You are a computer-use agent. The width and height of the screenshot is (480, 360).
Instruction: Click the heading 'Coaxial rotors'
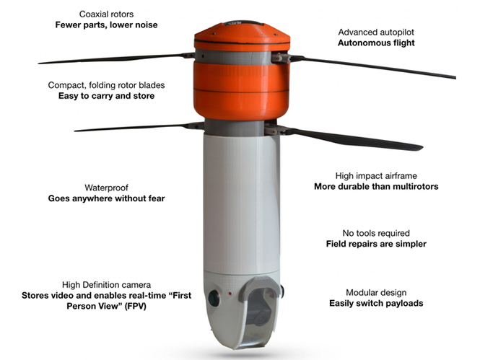coord(106,14)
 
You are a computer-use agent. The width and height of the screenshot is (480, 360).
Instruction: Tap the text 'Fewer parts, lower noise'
coord(106,25)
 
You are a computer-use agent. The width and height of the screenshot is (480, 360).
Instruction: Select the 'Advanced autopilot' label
coord(376,32)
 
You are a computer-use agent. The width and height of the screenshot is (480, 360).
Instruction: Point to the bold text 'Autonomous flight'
coord(376,43)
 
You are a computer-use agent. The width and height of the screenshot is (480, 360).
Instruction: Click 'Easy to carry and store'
coord(106,96)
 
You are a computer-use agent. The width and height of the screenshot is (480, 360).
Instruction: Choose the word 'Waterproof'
coord(106,188)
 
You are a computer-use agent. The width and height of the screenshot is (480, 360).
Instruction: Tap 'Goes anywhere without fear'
coord(106,198)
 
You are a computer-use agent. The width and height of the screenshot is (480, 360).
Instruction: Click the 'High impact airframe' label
coord(376,176)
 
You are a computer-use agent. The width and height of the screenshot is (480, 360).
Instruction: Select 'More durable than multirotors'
coord(376,187)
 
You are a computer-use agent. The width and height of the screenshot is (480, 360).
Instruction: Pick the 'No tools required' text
coord(376,233)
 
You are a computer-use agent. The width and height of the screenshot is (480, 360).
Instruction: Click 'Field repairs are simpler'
coord(376,244)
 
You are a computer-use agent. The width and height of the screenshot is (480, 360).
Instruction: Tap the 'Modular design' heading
coord(376,293)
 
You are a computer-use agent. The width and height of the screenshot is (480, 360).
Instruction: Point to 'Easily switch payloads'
coord(376,304)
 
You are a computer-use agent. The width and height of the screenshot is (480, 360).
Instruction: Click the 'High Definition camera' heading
coord(106,285)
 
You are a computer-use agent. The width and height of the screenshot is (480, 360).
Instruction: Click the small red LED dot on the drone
coord(230,294)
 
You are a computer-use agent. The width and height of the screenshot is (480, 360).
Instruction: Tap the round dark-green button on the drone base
coord(214,299)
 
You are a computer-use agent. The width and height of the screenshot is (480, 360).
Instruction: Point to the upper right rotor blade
coord(372,66)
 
